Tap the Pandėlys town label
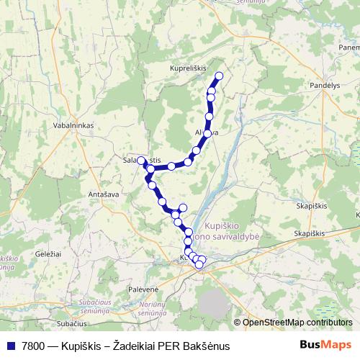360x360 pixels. pyautogui.click(x=325, y=84)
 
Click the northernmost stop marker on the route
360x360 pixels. pyautogui.click(x=219, y=76)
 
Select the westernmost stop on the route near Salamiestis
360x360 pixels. pyautogui.click(x=141, y=160)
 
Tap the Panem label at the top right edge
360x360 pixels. pyautogui.click(x=348, y=48)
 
